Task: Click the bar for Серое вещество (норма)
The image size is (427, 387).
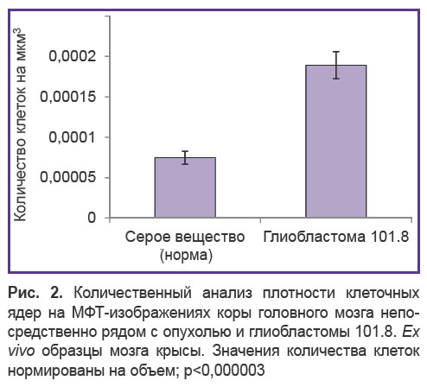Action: point(185,187)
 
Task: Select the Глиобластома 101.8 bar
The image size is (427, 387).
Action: point(336,141)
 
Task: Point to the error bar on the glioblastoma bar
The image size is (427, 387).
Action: point(336,65)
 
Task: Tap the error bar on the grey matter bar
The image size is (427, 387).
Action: point(185,158)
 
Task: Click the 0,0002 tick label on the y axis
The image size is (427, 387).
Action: point(73,56)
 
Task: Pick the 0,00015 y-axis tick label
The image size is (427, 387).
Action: point(67,97)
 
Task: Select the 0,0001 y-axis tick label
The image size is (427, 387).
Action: point(73,137)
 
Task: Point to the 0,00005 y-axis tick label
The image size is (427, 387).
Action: point(67,177)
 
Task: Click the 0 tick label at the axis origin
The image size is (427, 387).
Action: point(92,218)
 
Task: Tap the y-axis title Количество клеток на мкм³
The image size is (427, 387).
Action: point(20,124)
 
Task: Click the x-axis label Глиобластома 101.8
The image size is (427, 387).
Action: point(336,237)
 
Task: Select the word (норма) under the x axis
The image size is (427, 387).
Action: point(186,255)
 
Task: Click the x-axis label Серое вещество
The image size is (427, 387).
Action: point(185,237)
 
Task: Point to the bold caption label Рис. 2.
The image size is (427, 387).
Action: point(35,293)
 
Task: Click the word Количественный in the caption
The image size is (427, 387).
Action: point(133,293)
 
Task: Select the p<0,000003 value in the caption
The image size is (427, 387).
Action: point(224,371)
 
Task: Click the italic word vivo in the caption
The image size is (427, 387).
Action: point(22,351)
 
